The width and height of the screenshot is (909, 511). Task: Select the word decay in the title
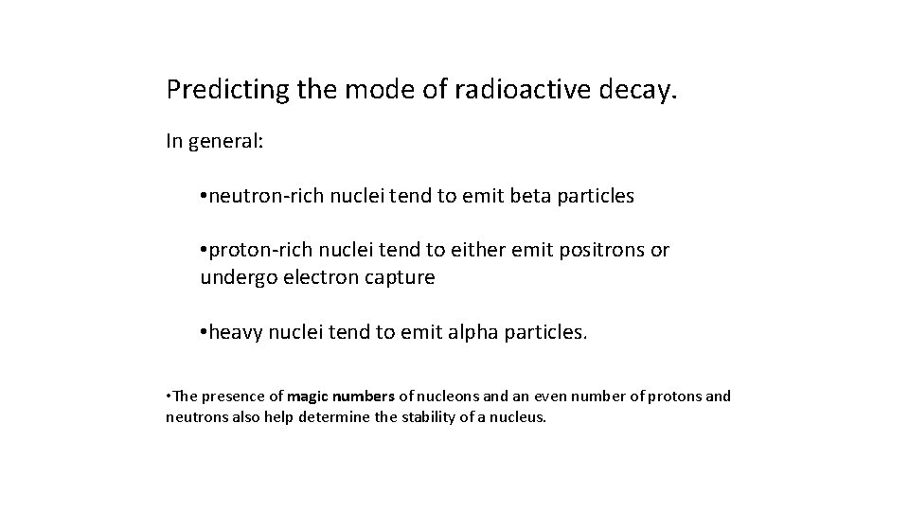645,91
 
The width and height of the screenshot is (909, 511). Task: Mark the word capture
401,278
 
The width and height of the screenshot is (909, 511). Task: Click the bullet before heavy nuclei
204,332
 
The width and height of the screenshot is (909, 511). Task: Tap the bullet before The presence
169,396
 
